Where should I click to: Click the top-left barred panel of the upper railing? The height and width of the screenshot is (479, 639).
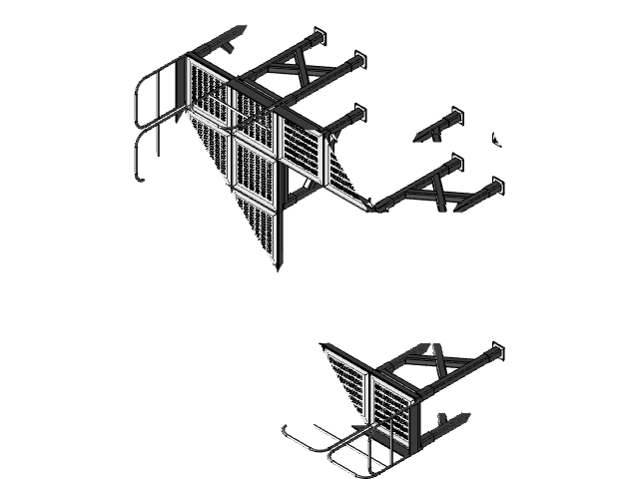click(210, 90)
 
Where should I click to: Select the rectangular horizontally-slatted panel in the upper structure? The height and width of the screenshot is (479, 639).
click(306, 150)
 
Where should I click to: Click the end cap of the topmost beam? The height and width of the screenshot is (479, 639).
click(319, 36)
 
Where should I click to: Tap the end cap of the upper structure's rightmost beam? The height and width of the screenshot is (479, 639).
click(496, 186)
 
